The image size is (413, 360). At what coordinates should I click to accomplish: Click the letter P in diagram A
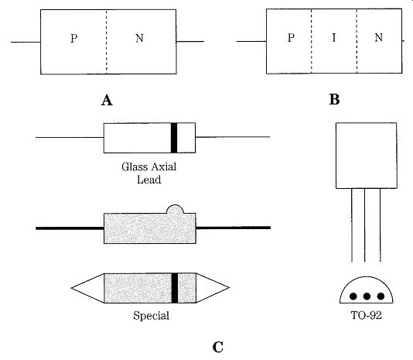74,39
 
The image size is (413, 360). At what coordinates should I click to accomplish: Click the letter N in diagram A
139,38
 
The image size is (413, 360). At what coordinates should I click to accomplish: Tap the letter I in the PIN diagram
333,37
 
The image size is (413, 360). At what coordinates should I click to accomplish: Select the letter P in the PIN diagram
291,38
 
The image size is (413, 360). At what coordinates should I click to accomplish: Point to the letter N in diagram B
378,37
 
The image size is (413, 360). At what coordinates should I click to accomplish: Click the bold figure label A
107,100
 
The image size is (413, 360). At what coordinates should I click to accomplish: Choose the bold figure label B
334,100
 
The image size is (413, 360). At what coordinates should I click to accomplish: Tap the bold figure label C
218,347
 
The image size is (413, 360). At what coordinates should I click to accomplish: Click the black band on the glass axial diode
174,138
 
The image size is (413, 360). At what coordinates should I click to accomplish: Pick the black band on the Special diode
175,288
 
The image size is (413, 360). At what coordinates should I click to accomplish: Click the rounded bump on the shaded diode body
175,208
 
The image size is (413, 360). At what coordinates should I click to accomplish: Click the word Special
151,316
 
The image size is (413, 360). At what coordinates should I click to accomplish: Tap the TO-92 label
366,315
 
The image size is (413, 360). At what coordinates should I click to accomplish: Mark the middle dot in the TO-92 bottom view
367,297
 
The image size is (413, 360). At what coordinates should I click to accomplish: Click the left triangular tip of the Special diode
71,288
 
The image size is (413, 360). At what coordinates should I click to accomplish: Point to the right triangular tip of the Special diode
230,288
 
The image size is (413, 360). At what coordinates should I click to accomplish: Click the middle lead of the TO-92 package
365,225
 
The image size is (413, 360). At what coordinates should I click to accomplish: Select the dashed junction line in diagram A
107,42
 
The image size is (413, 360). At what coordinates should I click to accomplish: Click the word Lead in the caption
148,180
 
